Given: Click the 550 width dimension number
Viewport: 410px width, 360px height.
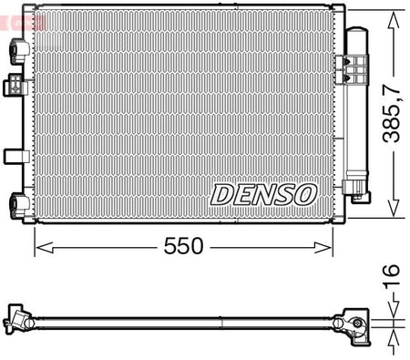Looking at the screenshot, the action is pos(183,246).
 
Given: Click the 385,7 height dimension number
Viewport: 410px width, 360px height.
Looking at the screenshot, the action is pos(392,113).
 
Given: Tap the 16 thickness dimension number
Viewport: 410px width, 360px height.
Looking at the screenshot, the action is pos(391,277).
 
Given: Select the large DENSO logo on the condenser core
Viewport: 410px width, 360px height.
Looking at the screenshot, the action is pos(263,195).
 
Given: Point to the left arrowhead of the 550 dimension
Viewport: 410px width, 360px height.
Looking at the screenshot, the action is pos(45,247).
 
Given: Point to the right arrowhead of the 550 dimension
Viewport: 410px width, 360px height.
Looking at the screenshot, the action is pos(323,247).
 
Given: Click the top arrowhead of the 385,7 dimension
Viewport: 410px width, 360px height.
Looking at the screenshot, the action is pos(394,20).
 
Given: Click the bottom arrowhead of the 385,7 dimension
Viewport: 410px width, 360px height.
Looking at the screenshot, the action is pos(394,208).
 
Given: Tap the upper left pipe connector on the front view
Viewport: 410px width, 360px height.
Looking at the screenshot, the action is pos(20,51).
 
